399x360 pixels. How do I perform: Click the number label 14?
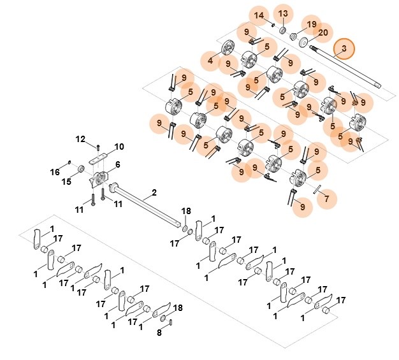259,15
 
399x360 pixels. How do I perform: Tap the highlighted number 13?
283,13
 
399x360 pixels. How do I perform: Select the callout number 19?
311,24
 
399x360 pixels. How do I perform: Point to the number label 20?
323,33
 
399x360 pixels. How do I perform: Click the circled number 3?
344,48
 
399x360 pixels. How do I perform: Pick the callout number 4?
210,61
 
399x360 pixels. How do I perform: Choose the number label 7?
327,199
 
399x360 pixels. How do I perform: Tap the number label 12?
81,139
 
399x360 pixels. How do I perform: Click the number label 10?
119,147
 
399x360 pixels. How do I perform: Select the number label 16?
55,172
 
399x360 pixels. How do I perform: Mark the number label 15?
66,182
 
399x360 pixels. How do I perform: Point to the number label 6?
118,165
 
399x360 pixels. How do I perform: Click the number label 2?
153,192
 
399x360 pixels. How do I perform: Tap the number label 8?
160,332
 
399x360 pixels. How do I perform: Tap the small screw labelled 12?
98,147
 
